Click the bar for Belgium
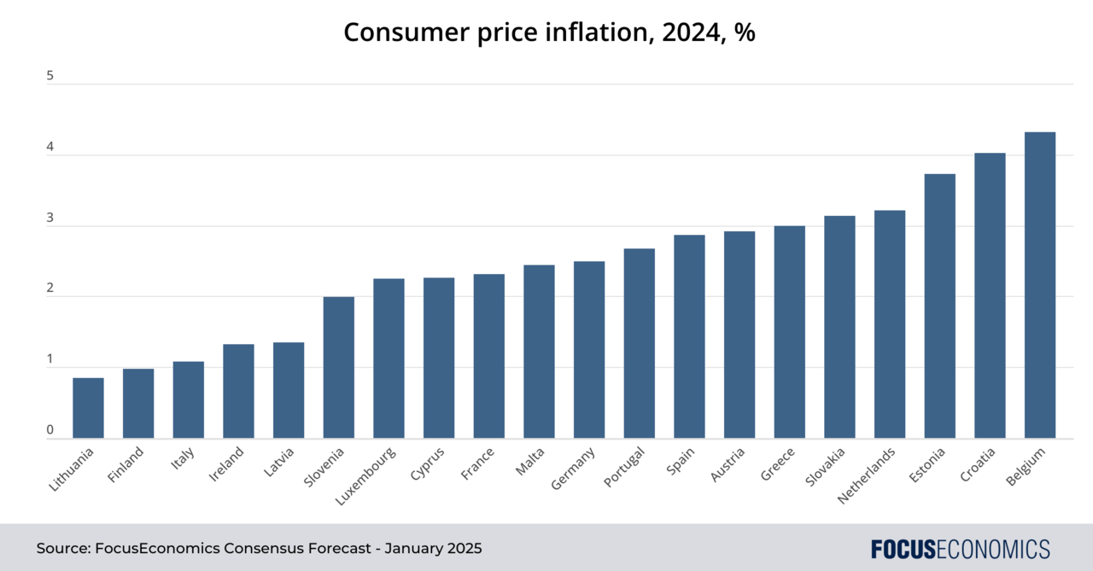click(1039, 285)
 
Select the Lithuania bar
click(88, 408)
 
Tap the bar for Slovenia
click(338, 368)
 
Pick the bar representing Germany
click(589, 350)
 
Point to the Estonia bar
click(939, 306)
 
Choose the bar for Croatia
click(990, 295)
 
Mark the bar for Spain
click(689, 336)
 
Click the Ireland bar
click(238, 391)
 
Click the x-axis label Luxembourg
click(365, 475)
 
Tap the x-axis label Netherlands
click(867, 475)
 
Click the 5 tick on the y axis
click(50, 76)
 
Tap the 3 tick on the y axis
click(50, 218)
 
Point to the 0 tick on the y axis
click(50, 430)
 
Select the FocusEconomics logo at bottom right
click(960, 548)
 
